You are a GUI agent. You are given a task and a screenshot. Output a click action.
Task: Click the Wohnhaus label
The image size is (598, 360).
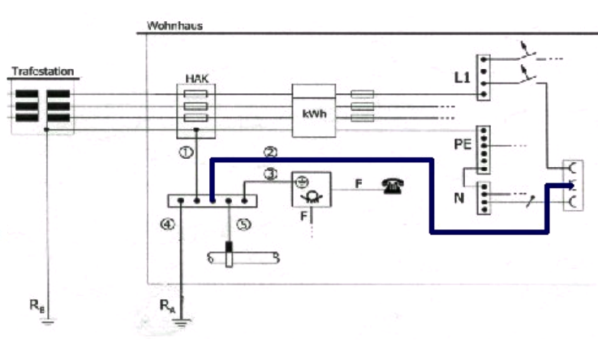point(174,25)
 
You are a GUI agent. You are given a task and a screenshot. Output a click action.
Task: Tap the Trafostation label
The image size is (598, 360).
point(42,72)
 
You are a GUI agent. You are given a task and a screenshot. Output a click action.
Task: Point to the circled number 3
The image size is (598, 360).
point(270,174)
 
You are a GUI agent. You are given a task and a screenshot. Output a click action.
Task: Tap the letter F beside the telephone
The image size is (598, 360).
point(358,184)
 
